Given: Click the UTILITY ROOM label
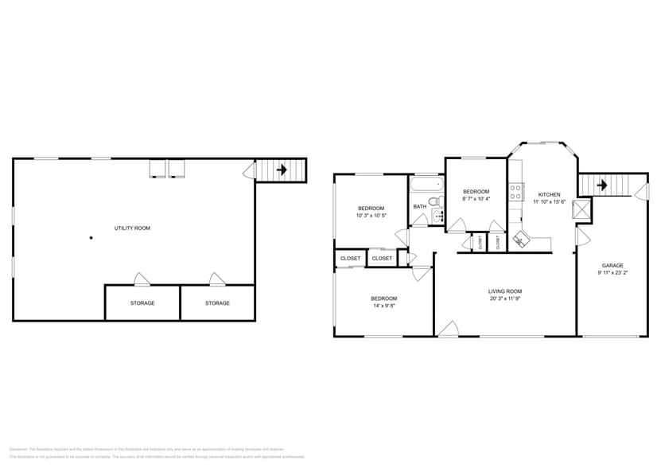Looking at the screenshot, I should coord(132,228).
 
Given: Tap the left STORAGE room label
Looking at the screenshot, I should coord(142,303).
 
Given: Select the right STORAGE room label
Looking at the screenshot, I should coord(217,303).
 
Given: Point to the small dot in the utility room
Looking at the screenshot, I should coord(91,237).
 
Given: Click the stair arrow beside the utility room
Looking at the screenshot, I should coord(281,170).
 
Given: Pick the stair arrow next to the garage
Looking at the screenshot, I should coord(602,185).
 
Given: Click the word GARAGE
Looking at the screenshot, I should coord(612,266).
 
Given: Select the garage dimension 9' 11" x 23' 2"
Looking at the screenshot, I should coord(612,273).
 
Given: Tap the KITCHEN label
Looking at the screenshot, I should coord(549,194).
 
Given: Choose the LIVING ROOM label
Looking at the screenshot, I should coord(505,291).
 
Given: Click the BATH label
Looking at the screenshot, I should coord(419,207).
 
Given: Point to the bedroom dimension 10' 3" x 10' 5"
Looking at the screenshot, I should coord(370,216).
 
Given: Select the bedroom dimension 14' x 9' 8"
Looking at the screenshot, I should coord(383,306).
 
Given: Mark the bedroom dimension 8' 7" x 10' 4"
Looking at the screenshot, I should coord(476,199).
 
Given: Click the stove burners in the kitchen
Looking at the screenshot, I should coord(515,191).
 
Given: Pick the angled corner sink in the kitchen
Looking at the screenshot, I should coord(521,238).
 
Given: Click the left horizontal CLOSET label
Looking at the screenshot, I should coord(350,259).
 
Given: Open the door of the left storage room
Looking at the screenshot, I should coord(142,279).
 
